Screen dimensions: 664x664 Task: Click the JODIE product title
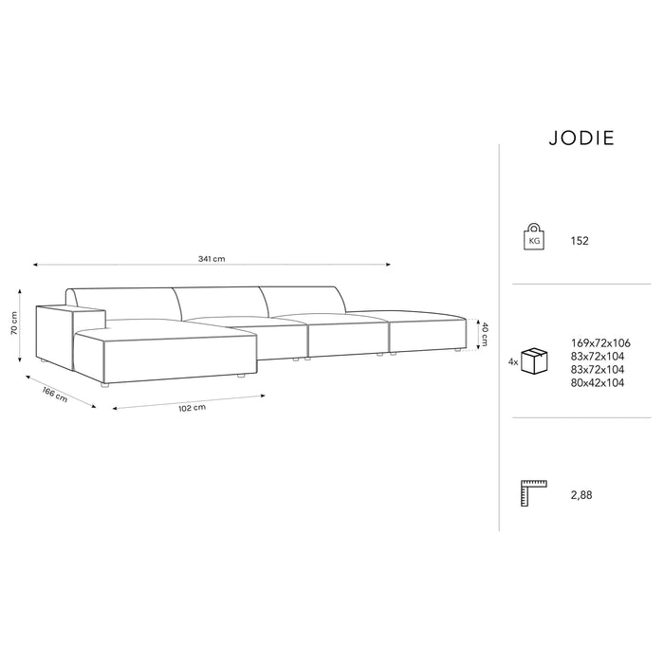581,138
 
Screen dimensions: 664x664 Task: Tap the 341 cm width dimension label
212,258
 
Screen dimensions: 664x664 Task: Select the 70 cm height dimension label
15,323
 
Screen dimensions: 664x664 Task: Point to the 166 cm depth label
55,396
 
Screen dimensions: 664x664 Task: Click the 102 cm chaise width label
193,408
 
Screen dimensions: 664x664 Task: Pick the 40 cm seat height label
484,334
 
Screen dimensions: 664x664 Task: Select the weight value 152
580,241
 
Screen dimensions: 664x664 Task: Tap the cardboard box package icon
534,360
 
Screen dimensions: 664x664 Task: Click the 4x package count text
513,362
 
